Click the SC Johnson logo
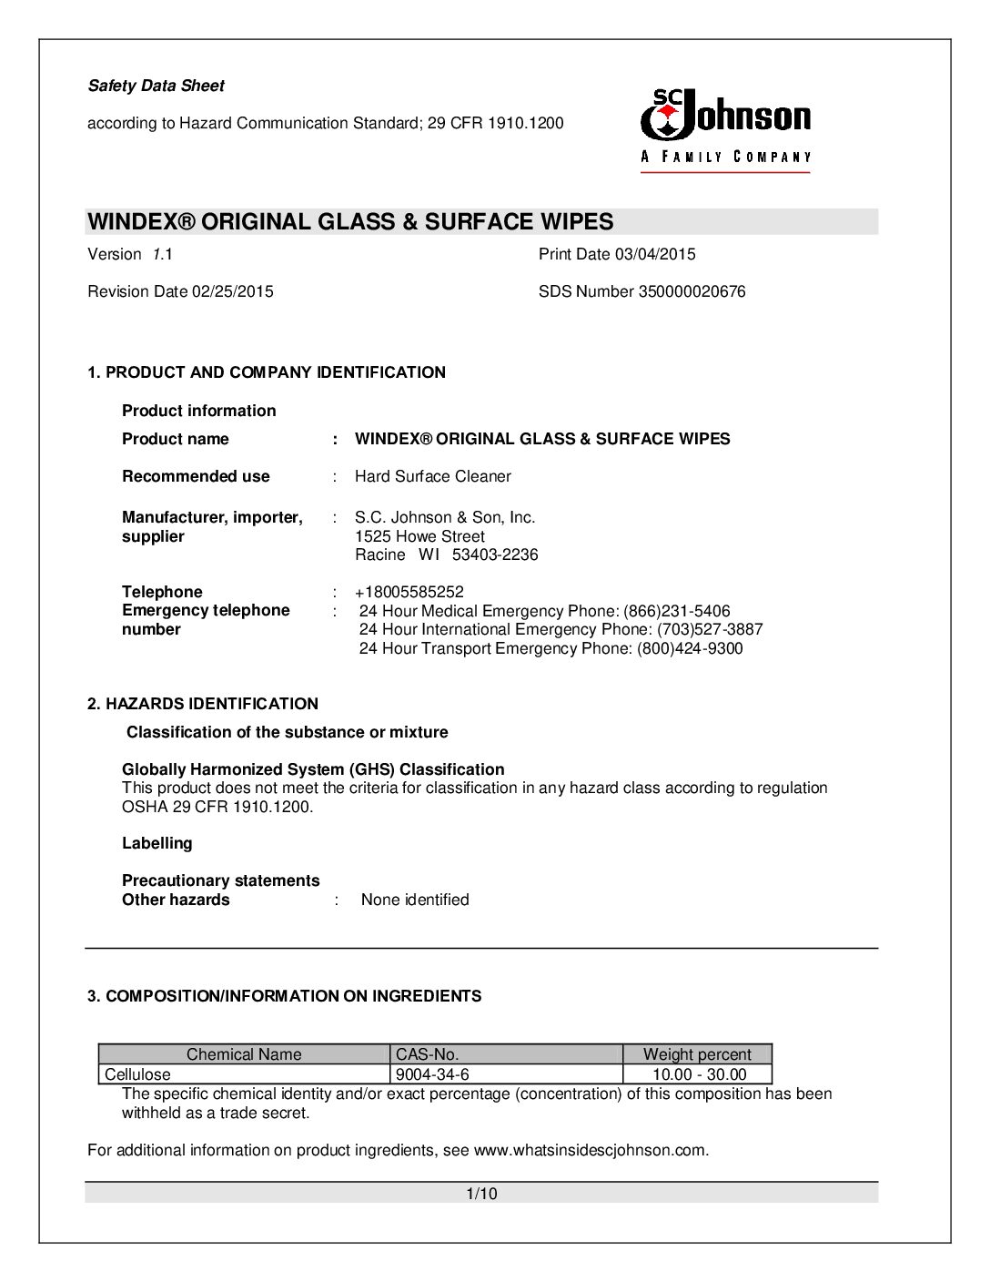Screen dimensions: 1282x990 [x=725, y=128]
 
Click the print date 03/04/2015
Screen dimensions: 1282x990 [x=654, y=254]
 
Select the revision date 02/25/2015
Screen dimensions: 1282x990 [x=232, y=291]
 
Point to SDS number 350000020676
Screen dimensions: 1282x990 [x=686, y=291]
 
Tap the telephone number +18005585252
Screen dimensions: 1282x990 [x=409, y=592]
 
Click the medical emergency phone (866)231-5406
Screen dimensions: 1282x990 [x=677, y=611]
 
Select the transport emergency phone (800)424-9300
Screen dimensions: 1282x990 [x=690, y=648]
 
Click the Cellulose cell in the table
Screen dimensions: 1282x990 [x=137, y=1074]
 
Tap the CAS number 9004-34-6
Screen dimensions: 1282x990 [x=432, y=1074]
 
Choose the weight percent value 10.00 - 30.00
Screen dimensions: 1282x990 [x=699, y=1074]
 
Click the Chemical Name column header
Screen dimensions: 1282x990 [x=244, y=1054]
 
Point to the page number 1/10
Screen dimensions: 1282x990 [x=481, y=1194]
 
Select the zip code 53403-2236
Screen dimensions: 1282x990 [x=495, y=555]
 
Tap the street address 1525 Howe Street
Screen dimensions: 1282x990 [x=419, y=536]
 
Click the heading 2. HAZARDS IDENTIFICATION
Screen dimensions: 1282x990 [x=203, y=704]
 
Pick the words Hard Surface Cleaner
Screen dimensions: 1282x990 [x=432, y=476]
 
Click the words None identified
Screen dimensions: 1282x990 [x=415, y=900]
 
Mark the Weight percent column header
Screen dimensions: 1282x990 [x=697, y=1054]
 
